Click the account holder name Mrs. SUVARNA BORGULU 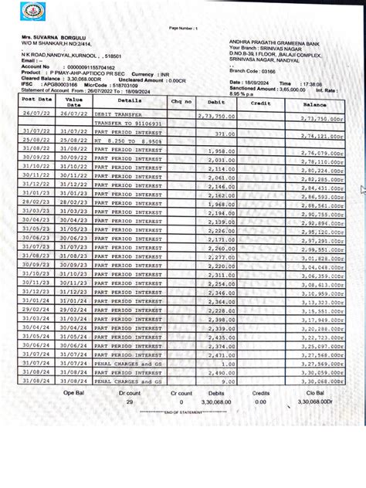pyautogui.click(x=57, y=36)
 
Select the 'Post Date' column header pyautogui.click(x=37, y=100)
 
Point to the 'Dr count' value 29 pyautogui.click(x=130, y=402)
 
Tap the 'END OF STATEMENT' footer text pyautogui.click(x=182, y=413)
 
